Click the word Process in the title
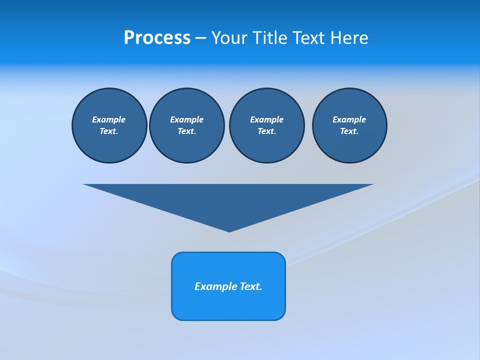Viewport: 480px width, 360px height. click(x=157, y=38)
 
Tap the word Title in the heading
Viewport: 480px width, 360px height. click(x=270, y=38)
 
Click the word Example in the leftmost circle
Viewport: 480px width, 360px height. click(x=109, y=119)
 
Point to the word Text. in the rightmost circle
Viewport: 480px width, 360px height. click(x=349, y=131)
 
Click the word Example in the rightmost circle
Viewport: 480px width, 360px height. click(x=349, y=119)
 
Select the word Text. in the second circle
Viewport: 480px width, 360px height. click(x=186, y=131)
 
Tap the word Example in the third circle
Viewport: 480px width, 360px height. click(x=266, y=119)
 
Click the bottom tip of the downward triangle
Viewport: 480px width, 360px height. click(x=229, y=231)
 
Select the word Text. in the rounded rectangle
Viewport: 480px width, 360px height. click(x=251, y=286)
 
